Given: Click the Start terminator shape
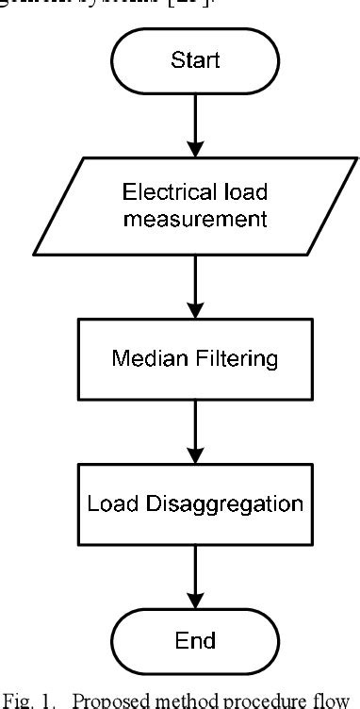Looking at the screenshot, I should click(x=195, y=61).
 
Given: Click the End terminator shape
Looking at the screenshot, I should click(x=195, y=642).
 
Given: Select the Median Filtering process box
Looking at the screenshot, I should click(x=195, y=359).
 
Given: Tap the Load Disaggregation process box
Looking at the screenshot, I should click(x=195, y=503).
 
